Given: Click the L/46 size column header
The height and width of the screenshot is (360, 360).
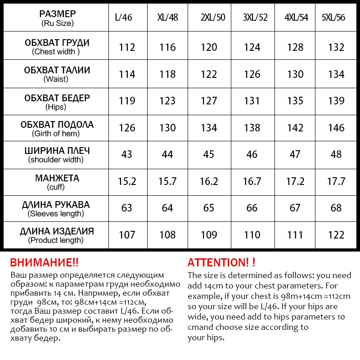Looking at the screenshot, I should click(127, 18).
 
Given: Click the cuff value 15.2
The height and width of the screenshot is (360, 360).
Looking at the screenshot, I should click(127, 181).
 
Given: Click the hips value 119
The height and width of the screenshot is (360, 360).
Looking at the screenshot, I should click(127, 101).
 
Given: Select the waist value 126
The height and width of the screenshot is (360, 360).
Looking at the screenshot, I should click(252, 74).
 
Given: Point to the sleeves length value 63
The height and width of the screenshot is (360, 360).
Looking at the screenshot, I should click(127, 208).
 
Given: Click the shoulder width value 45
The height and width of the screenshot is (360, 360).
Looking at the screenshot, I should click(209, 154).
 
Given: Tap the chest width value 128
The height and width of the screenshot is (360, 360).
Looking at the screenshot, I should click(295, 47).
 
